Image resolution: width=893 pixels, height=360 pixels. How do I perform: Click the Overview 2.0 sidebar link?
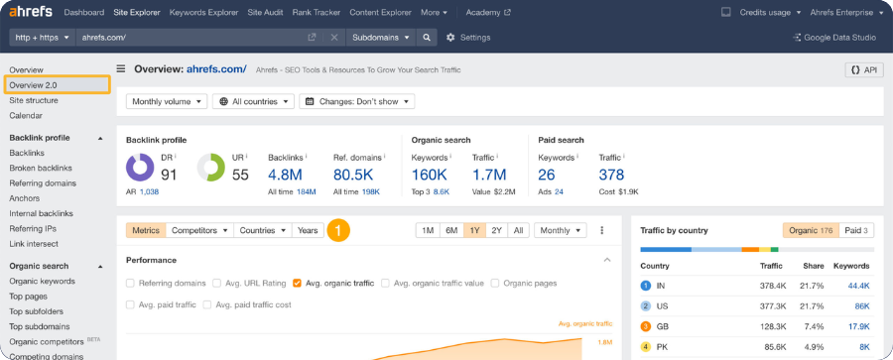point(34,85)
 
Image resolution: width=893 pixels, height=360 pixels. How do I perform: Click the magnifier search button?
point(427,38)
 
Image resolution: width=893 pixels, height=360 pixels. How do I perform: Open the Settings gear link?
point(468,38)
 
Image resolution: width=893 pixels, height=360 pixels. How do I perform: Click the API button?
point(863,69)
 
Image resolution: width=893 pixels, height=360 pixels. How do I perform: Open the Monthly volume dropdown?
point(167,101)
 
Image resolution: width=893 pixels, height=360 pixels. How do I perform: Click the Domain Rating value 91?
point(169,175)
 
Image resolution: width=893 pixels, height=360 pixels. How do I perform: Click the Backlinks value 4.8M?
point(286,175)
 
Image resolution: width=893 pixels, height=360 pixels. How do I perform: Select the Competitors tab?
point(198,230)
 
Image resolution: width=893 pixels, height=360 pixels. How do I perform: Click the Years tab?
point(308,230)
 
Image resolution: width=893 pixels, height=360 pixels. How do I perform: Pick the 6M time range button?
point(451,230)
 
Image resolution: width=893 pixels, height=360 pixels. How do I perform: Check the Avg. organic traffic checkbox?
point(297,284)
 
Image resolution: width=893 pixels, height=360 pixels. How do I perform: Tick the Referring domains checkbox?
point(131,284)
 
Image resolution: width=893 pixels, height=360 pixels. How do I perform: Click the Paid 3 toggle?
point(855,230)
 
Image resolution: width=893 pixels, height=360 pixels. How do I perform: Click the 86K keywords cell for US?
point(861,306)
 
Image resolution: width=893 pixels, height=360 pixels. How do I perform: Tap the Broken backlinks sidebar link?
point(41,169)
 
